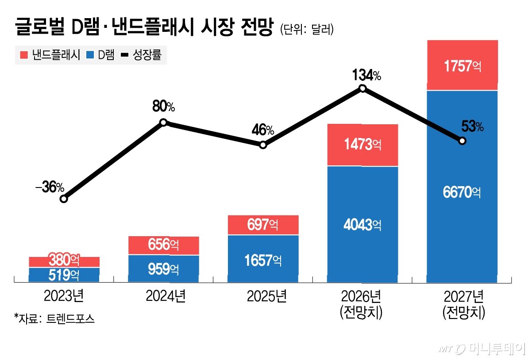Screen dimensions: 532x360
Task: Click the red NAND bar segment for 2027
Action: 463,65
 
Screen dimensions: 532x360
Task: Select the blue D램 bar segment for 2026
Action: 362,224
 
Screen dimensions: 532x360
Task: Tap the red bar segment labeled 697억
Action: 263,225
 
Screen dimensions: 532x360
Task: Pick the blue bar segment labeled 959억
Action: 163,268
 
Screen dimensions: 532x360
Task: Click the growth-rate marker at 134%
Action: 362,88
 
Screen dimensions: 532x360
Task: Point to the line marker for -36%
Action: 64,199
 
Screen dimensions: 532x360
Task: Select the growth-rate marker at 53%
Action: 462,141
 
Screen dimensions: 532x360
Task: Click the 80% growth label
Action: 164,106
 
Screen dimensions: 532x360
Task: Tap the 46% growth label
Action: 263,130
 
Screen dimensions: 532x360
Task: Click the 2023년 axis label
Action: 64,296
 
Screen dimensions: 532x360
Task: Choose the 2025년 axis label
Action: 267,296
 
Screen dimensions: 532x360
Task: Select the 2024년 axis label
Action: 166,296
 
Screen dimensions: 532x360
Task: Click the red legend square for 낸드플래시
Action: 24,55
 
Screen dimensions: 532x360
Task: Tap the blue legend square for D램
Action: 90,55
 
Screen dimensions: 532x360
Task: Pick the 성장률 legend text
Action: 147,55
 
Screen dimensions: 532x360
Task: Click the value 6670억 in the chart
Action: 462,192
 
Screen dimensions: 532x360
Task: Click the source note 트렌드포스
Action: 70,318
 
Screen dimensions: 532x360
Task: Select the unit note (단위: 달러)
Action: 307,29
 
